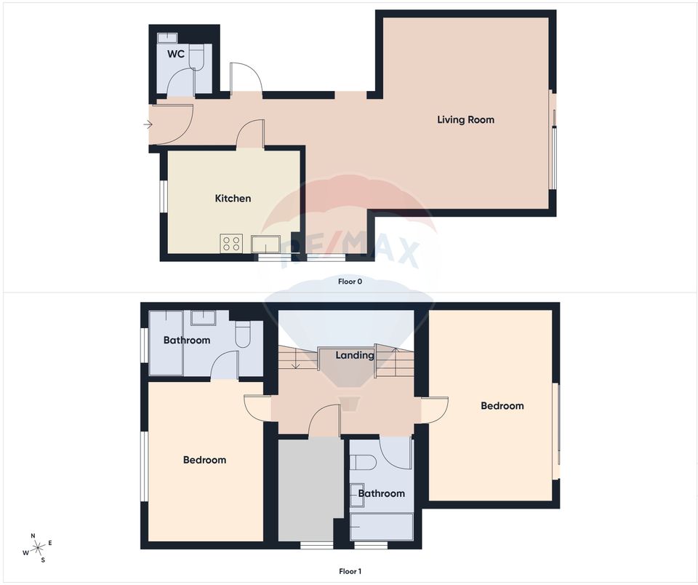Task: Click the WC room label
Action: (x=175, y=55)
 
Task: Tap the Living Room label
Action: (x=465, y=119)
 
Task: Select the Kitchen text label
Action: (x=233, y=198)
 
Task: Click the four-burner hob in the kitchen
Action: (x=232, y=243)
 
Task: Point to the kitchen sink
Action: (x=265, y=243)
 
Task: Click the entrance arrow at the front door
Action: (x=148, y=124)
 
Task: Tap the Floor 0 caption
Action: (x=350, y=281)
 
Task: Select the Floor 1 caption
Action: (x=350, y=571)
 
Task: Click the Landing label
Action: (x=354, y=355)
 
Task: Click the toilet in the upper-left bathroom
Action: (x=244, y=333)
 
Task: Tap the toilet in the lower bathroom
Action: (x=362, y=462)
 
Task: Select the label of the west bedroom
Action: (x=204, y=460)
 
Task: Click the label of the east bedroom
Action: (x=502, y=405)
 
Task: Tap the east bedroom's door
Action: (x=434, y=409)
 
